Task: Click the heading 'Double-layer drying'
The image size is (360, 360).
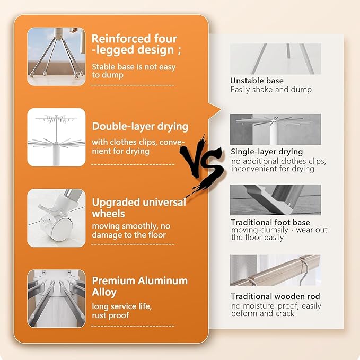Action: [x=140, y=127]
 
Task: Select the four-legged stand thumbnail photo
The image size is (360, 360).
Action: [x=56, y=57]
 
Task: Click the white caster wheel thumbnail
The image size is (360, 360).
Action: [x=56, y=218]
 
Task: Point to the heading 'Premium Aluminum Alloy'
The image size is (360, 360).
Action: [x=139, y=286]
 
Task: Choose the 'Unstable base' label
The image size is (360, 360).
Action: [x=257, y=81]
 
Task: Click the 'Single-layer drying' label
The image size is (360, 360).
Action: [x=267, y=152]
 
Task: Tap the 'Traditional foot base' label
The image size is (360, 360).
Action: [x=270, y=222]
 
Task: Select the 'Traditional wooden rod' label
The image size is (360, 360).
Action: [x=275, y=296]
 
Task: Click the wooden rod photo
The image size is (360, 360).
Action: [x=275, y=270]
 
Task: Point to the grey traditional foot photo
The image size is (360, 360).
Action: [x=275, y=200]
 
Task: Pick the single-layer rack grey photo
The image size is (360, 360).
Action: [x=275, y=129]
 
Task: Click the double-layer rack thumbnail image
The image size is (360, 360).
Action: [x=56, y=137]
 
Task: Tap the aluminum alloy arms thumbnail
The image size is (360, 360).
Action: [x=56, y=298]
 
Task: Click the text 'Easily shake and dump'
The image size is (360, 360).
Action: [x=271, y=90]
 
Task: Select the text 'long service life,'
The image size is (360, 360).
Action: [x=122, y=306]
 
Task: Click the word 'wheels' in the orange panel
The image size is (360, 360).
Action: [x=108, y=214]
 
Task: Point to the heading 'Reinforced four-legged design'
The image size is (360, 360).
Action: [x=136, y=45]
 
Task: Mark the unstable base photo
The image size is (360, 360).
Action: [x=275, y=59]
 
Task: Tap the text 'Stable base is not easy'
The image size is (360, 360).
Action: [x=134, y=67]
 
